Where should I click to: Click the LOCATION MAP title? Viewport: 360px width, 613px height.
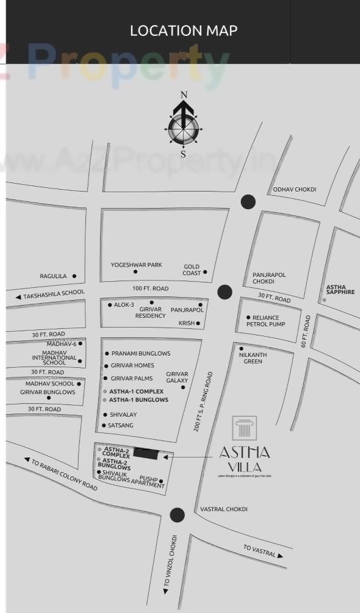point(183,30)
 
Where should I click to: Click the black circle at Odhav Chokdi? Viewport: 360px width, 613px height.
point(248,202)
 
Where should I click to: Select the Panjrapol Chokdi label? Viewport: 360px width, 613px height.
point(269,278)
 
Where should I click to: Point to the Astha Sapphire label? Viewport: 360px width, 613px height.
point(340,290)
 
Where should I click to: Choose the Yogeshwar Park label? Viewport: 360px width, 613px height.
point(136,265)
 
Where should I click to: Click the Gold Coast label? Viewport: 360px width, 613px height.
point(192,270)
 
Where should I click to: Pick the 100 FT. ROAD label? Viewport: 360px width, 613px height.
point(150,289)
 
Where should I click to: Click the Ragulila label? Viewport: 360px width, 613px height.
point(53,276)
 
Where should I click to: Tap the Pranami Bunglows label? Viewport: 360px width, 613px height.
point(141,354)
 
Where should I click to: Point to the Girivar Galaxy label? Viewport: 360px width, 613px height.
point(177,377)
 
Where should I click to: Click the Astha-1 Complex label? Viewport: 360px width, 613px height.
point(136,391)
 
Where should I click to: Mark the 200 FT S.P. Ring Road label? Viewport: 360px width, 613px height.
point(203,402)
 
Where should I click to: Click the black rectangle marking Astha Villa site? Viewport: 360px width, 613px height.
point(145,453)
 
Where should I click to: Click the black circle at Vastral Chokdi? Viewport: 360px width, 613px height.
point(177,515)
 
